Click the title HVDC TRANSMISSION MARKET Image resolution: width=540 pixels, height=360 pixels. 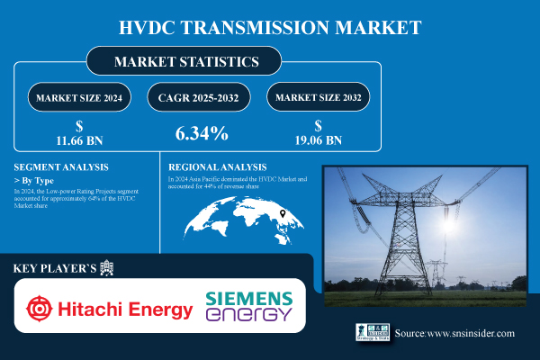point(269,26)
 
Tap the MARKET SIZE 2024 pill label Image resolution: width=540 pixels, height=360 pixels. point(78,96)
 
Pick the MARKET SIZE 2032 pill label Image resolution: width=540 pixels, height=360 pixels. point(318,96)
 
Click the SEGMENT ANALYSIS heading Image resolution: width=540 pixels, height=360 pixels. point(62,167)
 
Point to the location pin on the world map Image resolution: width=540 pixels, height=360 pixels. point(283,213)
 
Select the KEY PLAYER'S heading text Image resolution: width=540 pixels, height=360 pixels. point(56,268)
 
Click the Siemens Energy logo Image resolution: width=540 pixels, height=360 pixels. point(248,306)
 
